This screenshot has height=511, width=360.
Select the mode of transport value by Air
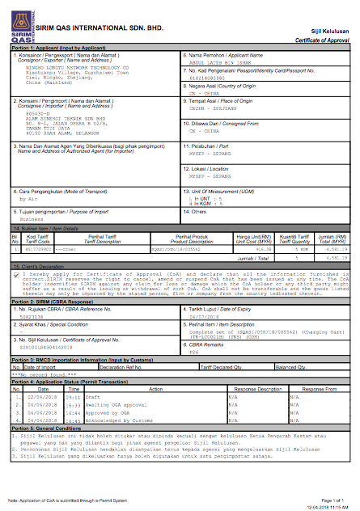28,196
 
